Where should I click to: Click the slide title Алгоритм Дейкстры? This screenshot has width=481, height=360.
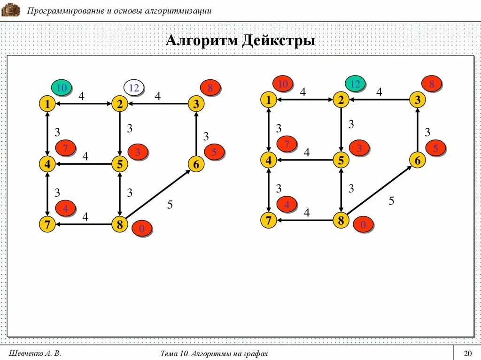(240, 41)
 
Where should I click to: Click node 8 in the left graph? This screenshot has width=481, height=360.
(120, 225)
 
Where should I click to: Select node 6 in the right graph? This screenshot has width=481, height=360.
(417, 160)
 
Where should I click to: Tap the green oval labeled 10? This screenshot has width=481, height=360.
(61, 88)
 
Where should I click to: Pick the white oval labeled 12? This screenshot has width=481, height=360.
(134, 87)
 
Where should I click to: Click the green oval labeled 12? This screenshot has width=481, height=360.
(356, 84)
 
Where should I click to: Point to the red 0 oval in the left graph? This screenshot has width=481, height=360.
(142, 229)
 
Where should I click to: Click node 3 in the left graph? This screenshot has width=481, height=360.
(196, 104)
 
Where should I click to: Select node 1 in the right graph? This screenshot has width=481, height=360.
(268, 100)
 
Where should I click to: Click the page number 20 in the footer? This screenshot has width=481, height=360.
(467, 353)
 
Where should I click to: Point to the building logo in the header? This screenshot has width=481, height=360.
(11, 9)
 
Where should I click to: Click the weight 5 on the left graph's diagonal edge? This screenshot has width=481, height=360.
(170, 205)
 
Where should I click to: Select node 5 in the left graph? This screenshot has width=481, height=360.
(120, 164)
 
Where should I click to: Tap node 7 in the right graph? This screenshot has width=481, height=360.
(268, 220)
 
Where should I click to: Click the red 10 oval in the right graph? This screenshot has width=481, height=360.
(283, 84)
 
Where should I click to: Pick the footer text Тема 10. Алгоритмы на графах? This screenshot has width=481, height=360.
(214, 353)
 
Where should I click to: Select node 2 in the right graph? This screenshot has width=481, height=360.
(341, 100)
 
